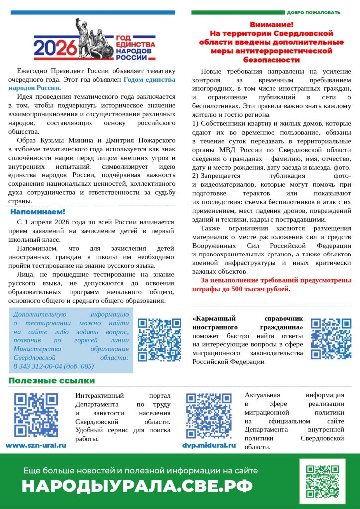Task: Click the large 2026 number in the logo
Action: point(55,48)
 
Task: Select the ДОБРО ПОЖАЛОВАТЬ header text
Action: point(313,12)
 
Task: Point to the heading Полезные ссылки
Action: point(51,381)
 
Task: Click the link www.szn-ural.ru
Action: point(36,445)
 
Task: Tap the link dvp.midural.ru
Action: point(209,445)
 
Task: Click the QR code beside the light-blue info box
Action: point(159,339)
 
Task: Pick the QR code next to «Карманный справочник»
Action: point(331,339)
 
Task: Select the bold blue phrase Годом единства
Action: point(149,79)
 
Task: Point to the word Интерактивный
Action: point(101,395)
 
